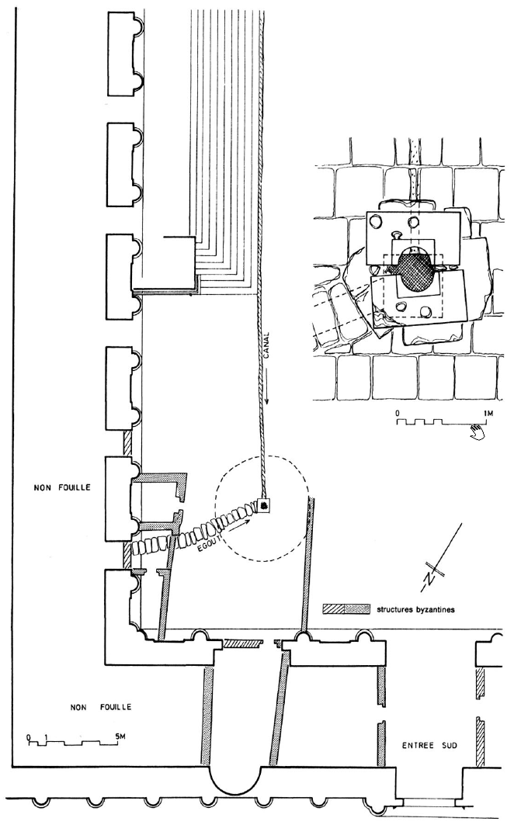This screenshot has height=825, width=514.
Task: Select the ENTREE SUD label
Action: pyautogui.click(x=430, y=746)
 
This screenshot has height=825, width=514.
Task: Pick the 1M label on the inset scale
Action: pyautogui.click(x=488, y=414)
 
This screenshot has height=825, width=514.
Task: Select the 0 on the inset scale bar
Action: pyautogui.click(x=398, y=414)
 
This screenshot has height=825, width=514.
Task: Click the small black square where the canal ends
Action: pyautogui.click(x=265, y=506)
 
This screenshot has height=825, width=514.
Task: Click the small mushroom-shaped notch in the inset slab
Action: pyautogui.click(x=397, y=234)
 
